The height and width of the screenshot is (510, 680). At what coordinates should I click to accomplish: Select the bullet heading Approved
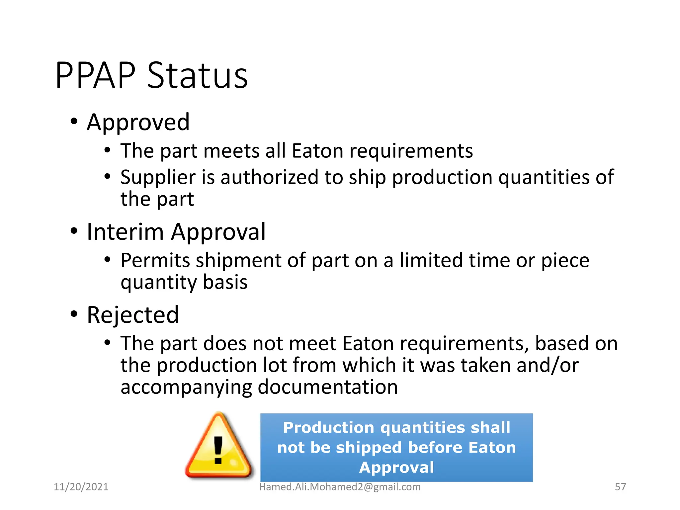coord(138,122)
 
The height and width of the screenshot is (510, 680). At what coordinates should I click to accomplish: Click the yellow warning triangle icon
coord(218,447)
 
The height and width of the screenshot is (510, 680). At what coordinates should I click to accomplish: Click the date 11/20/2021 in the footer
coord(81,487)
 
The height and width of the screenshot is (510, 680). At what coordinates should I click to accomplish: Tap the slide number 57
coord(620,487)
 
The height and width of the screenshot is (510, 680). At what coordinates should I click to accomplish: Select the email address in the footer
coord(340,487)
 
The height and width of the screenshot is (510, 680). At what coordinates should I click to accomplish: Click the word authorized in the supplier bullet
coord(269,177)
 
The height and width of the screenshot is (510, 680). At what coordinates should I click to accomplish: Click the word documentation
coord(328,387)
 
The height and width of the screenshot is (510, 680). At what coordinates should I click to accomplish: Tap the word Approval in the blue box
coord(396,467)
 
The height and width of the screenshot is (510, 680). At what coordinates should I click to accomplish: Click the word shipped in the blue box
coord(369,448)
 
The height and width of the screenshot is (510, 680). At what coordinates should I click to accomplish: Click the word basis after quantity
coord(225,282)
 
